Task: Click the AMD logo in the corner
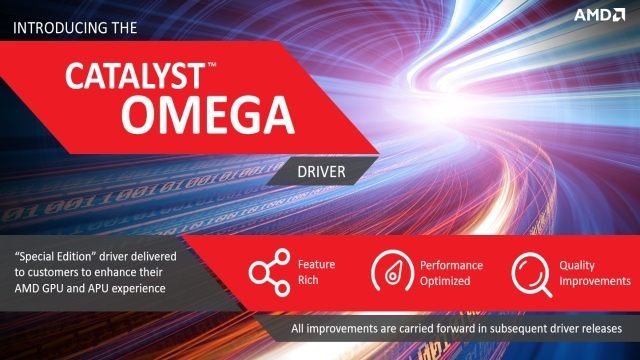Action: (600, 16)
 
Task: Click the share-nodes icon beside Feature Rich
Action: (268, 273)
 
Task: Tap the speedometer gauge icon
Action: (393, 273)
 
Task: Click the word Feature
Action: (317, 265)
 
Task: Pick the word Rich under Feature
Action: (309, 282)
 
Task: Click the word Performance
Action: (451, 265)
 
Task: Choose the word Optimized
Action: (447, 282)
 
